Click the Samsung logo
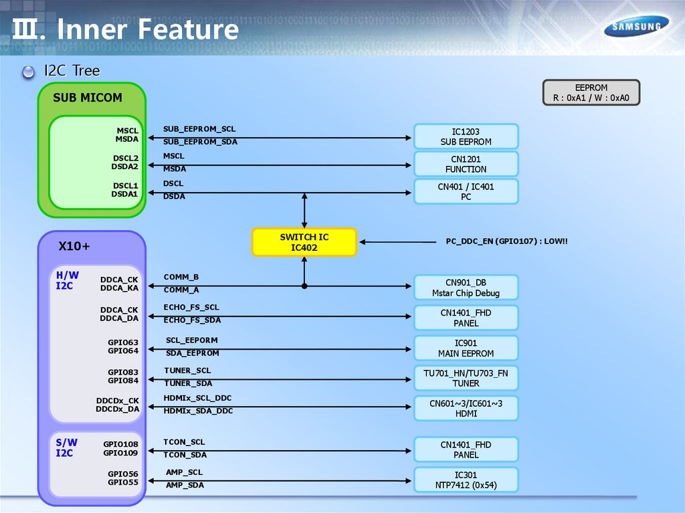click(637, 27)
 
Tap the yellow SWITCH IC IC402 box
click(304, 242)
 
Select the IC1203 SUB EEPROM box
click(466, 136)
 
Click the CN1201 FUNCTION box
click(466, 164)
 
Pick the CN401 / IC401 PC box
click(466, 191)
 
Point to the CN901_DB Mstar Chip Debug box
click(466, 288)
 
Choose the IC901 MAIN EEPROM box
click(466, 348)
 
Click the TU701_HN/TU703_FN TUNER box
click(466, 378)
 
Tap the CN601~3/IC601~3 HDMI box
click(466, 408)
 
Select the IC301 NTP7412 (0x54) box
click(466, 480)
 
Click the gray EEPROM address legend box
click(591, 92)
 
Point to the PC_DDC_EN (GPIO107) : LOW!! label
click(507, 241)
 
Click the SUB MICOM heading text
click(88, 98)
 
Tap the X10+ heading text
click(74, 246)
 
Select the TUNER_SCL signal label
click(187, 370)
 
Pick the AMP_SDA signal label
click(185, 485)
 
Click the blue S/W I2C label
click(66, 447)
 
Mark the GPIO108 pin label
click(120, 444)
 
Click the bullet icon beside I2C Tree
click(28, 72)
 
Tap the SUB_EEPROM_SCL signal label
click(199, 128)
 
